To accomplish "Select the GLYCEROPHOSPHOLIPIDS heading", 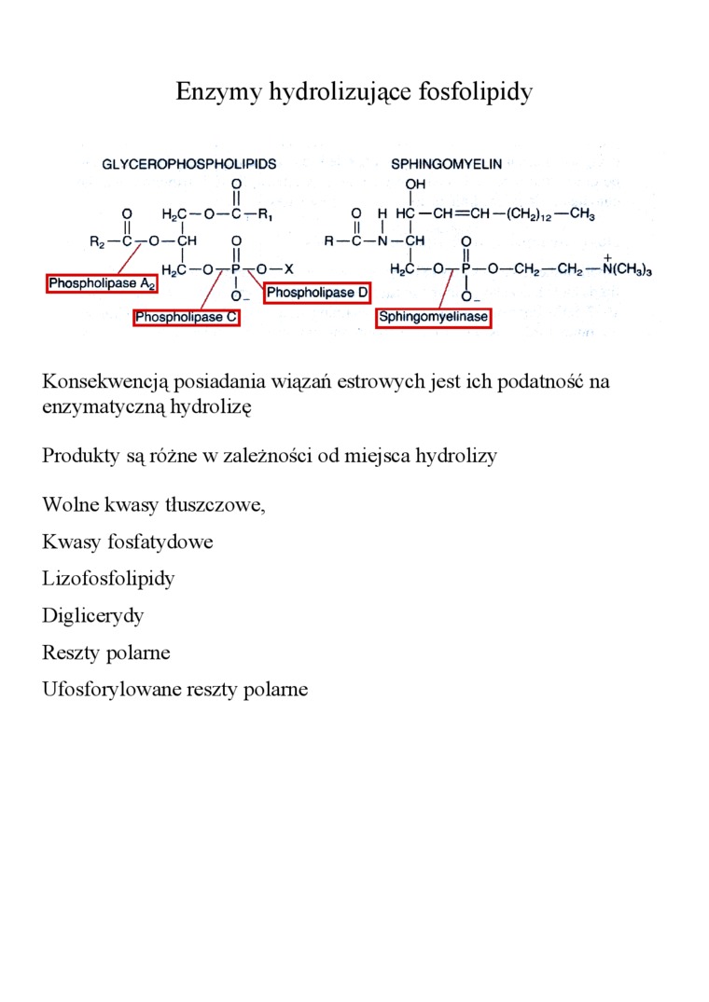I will tap(189, 163).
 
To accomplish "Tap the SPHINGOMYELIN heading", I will tap(447, 163).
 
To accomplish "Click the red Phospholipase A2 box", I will tap(103, 282).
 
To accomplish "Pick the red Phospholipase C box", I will tap(188, 317).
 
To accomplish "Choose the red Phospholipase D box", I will tap(318, 293).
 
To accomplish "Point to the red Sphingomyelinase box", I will tap(434, 317).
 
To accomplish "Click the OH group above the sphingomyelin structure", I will tap(414, 185).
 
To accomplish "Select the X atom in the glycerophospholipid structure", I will tap(289, 268).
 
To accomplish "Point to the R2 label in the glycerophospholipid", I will tap(98, 240).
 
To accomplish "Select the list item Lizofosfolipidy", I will tap(108, 578).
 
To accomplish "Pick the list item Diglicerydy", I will tap(93, 615).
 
